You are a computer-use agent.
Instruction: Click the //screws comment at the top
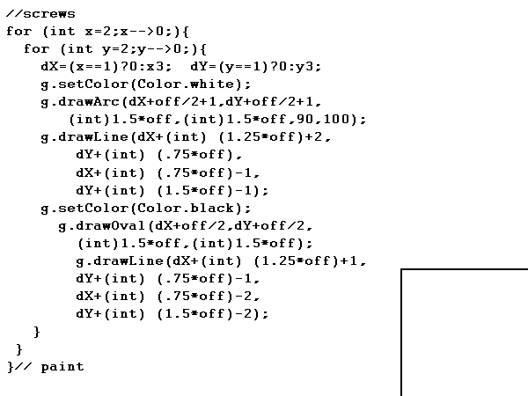pos(40,14)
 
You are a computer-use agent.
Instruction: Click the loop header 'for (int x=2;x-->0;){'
pos(92,32)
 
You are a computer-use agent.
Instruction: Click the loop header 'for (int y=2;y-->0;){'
pos(110,49)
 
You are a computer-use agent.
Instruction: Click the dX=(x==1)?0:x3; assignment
pos(106,67)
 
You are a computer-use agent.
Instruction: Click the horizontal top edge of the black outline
pos(465,269)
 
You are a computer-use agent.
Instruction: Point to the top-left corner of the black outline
pos(402,269)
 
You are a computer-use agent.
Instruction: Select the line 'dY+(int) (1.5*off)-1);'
pos(172,190)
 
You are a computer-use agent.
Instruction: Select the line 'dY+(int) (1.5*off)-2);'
pos(172,313)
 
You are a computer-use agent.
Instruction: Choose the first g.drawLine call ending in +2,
pos(189,137)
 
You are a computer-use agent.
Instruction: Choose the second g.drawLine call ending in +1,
pos(220,260)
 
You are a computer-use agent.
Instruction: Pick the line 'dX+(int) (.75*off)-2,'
pos(167,296)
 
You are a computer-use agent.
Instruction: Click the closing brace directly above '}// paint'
pos(19,349)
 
